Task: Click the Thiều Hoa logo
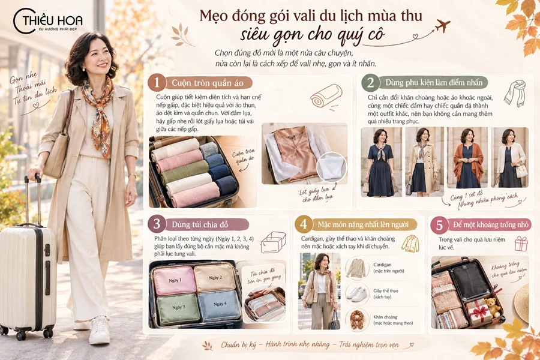(47, 20)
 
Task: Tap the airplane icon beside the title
(443, 25)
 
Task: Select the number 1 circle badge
(157, 83)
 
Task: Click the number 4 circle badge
(304, 224)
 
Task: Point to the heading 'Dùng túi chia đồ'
(200, 224)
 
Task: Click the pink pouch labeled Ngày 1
(174, 281)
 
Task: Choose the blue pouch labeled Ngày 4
(220, 305)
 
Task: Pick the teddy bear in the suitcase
(493, 307)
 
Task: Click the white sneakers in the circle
(357, 294)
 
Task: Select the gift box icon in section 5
(521, 244)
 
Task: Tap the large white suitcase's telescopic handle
(32, 200)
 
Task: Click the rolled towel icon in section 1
(325, 97)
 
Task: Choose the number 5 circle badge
(439, 225)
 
